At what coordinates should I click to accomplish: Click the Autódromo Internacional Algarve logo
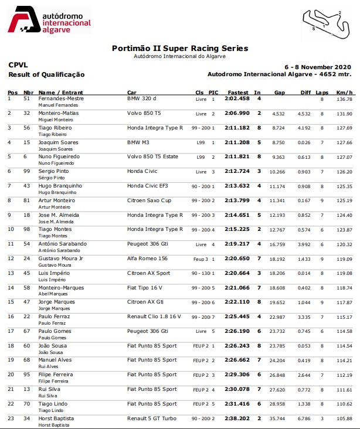50,19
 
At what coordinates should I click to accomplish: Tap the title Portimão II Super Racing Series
180,49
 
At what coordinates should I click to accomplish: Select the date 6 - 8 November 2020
318,66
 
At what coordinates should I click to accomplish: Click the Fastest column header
238,93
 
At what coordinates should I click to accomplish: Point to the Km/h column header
345,93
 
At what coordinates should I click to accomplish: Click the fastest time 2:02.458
237,98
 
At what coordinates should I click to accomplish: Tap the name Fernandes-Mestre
61,98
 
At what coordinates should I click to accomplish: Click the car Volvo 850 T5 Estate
154,156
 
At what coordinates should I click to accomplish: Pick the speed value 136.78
345,99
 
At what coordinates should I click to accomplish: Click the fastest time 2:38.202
237,418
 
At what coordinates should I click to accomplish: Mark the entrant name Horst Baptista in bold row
56,418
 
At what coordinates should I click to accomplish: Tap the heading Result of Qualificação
46,74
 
